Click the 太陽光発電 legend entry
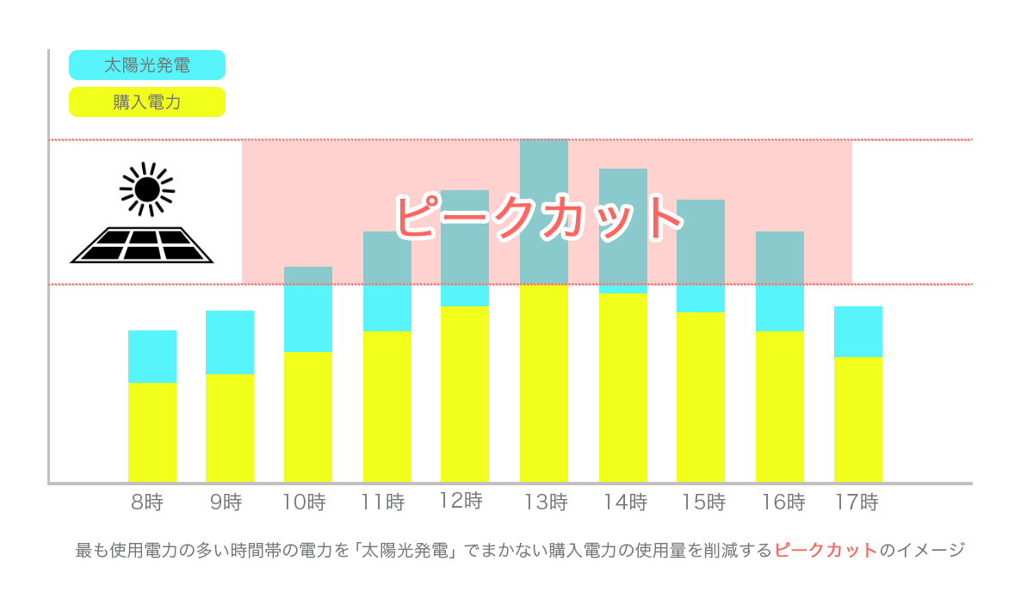pyautogui.click(x=146, y=65)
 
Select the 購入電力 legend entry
pyautogui.click(x=146, y=102)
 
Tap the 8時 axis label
pyautogui.click(x=147, y=502)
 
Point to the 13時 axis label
pyautogui.click(x=546, y=502)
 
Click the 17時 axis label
pyautogui.click(x=857, y=502)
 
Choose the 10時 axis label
pyautogui.click(x=304, y=502)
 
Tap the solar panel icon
pyautogui.click(x=142, y=244)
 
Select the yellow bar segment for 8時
pyautogui.click(x=152, y=432)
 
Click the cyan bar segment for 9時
pyautogui.click(x=230, y=342)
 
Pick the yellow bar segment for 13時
pyautogui.click(x=544, y=383)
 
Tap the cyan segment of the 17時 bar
pyautogui.click(x=858, y=331)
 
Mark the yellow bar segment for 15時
pyautogui.click(x=701, y=397)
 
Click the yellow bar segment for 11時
pyautogui.click(x=387, y=406)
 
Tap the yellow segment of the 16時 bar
pyautogui.click(x=780, y=406)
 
